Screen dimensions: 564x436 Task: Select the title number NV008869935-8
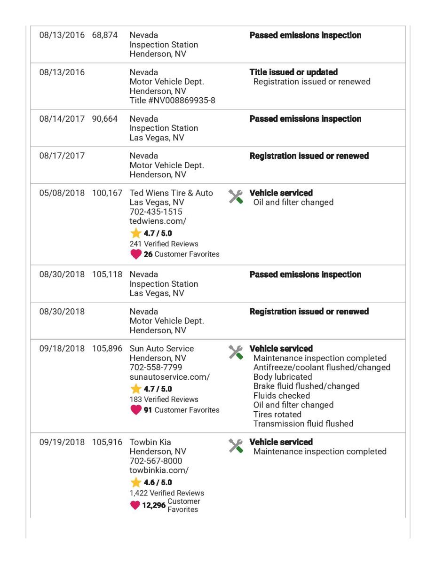(172, 100)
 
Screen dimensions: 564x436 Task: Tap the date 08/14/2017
(62, 119)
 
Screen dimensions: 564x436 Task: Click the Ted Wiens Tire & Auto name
(171, 193)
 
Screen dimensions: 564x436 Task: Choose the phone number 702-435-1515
(156, 212)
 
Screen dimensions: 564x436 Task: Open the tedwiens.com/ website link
(153, 221)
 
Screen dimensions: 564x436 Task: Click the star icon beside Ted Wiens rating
(135, 233)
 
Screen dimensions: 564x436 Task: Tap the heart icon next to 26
(135, 254)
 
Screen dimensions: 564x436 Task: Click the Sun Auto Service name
(161, 349)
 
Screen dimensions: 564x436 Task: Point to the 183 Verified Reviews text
(164, 399)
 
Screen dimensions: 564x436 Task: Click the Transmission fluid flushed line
(303, 423)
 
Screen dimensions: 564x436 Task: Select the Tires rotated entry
(277, 414)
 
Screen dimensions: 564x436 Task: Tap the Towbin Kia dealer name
(151, 442)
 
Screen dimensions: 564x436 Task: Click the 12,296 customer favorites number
(154, 505)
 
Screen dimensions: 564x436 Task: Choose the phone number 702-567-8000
(156, 461)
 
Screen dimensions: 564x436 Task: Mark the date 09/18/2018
(62, 349)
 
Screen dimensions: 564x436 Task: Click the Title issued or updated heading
(293, 72)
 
